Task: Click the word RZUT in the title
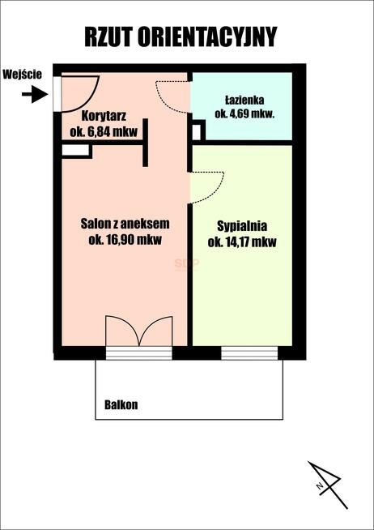pos(108,36)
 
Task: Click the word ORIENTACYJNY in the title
pos(207,36)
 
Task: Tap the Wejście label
pos(23,75)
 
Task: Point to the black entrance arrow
pos(35,94)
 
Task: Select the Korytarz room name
pos(104,116)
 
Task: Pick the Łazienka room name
pos(244,100)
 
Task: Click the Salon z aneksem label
pos(125,224)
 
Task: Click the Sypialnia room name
pos(242,226)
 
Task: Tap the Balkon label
pos(121,404)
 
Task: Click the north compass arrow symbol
pos(327,485)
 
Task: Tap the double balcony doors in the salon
pos(139,331)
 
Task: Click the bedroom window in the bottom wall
pos(249,353)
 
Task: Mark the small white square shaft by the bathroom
pos(197,132)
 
